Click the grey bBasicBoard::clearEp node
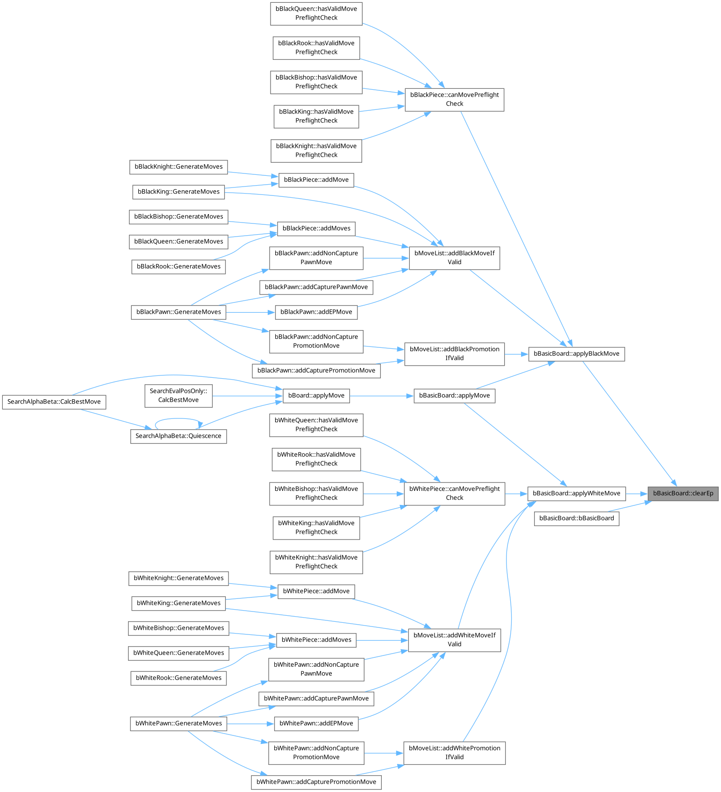(683, 493)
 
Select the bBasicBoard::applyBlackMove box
(576, 354)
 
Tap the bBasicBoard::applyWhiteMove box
(576, 493)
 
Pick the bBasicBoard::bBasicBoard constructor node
(576, 518)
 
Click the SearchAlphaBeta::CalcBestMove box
(54, 402)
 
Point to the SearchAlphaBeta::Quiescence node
(178, 436)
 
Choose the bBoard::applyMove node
(316, 396)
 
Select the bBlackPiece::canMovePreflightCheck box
(454, 99)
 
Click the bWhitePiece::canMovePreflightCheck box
(454, 493)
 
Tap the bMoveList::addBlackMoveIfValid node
(454, 258)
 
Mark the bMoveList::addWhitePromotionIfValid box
(454, 753)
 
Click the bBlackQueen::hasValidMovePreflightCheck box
(316, 13)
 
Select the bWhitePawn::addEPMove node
(316, 723)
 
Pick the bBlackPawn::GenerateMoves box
(178, 312)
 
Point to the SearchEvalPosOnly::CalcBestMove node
(178, 396)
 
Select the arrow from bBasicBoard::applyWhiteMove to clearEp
(636, 493)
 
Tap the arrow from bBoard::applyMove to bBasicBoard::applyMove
(381, 396)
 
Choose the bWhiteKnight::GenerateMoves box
(178, 578)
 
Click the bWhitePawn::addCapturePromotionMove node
(316, 782)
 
